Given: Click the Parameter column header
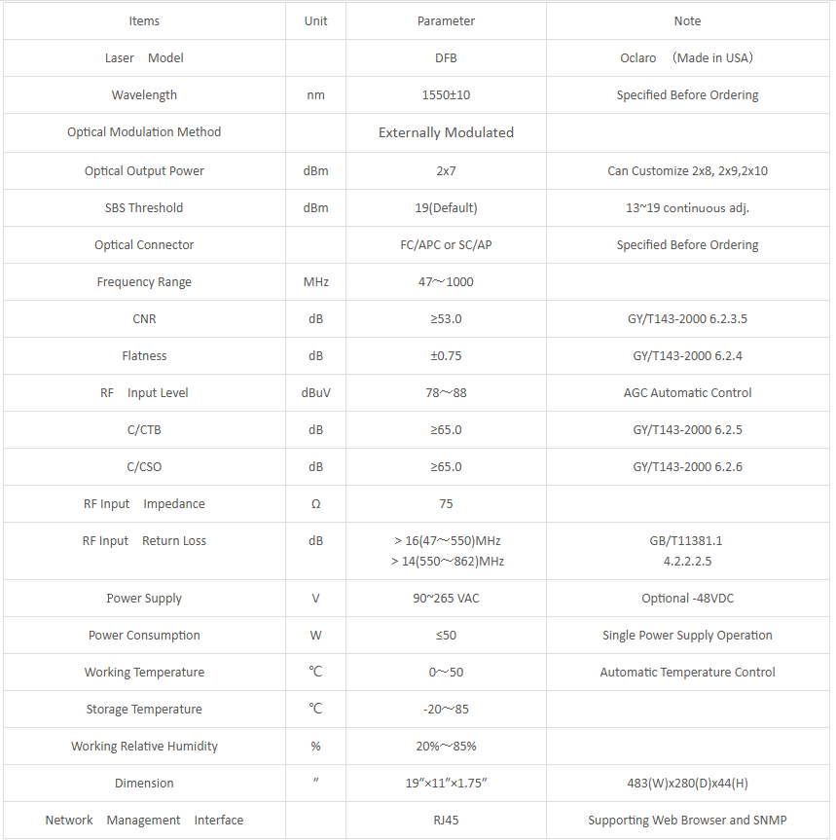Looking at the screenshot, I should click(446, 21).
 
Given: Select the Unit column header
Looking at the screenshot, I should click(315, 21).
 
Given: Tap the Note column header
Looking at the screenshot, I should click(687, 21).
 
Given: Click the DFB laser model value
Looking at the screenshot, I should click(446, 58).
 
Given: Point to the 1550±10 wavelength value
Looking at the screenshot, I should click(446, 95).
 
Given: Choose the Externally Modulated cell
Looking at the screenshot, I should click(446, 132).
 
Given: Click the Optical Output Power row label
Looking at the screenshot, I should click(144, 171).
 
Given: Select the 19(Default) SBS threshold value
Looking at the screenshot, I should click(446, 208).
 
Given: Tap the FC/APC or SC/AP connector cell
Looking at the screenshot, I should click(446, 245).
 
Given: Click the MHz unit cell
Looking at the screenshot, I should click(315, 282).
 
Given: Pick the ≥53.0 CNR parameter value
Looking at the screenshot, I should click(446, 319).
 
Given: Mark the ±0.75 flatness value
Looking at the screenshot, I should click(446, 356).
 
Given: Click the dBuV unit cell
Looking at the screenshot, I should click(315, 393).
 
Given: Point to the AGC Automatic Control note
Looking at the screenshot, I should click(687, 393).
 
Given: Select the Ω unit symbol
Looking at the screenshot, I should click(315, 504).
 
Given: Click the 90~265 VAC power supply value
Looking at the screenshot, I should click(446, 599).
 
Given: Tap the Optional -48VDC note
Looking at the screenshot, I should click(687, 599).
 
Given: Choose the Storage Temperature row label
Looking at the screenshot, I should click(144, 710).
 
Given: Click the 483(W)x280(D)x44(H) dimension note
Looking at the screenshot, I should click(687, 784).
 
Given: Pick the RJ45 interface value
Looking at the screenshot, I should click(446, 821).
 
